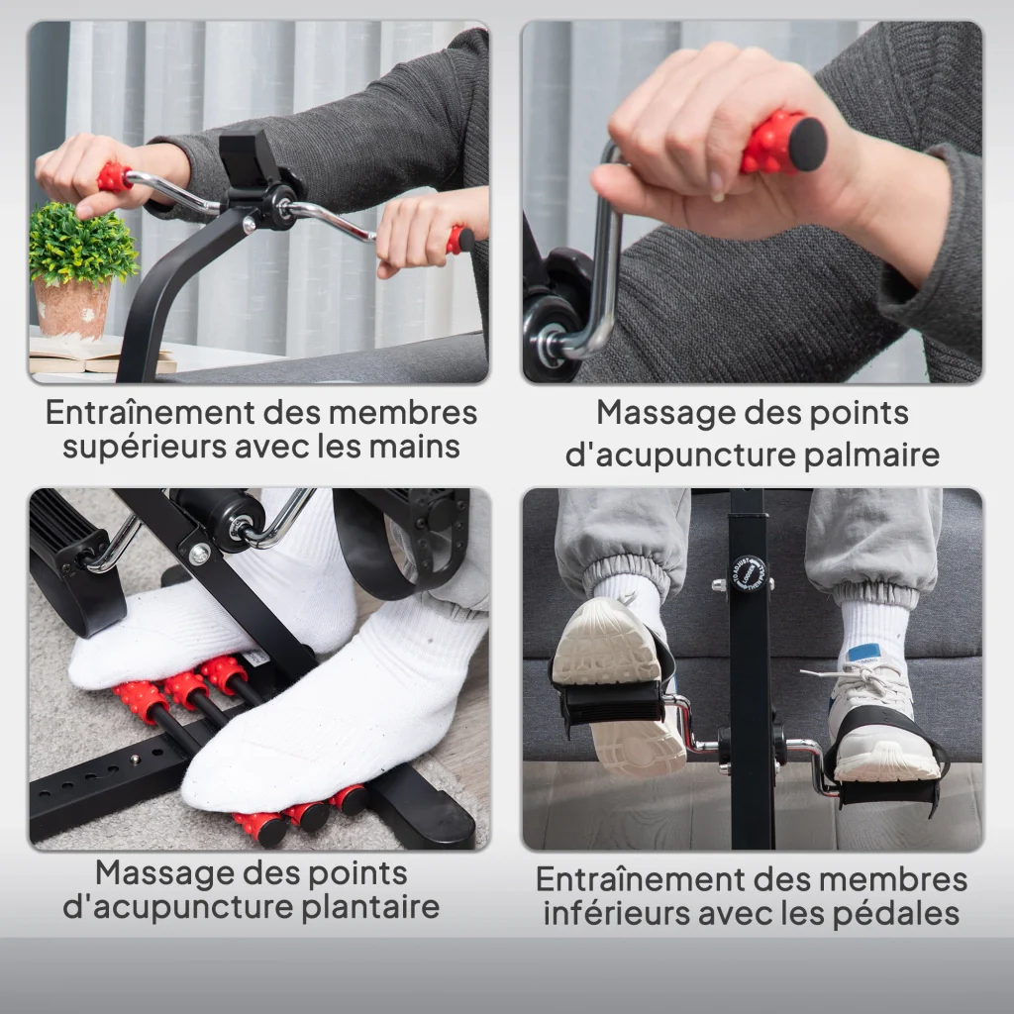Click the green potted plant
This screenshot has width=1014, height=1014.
pos(82,243)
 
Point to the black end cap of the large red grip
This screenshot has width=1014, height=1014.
pos(808,145)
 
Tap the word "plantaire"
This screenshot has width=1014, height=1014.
pos(370,907)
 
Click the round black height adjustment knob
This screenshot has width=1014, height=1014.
pos(748,573)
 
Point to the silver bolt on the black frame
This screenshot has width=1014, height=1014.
pos(199,554)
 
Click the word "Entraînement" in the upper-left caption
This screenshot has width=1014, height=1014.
pos(151,413)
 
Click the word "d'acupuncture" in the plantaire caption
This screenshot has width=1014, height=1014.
pos(178,907)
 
